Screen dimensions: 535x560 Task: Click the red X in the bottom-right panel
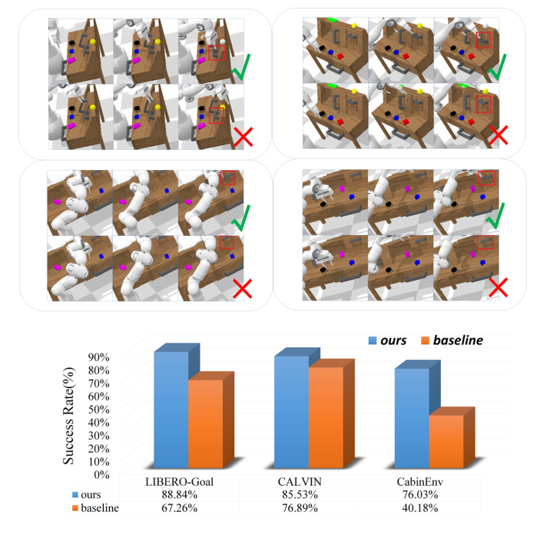point(499,287)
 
